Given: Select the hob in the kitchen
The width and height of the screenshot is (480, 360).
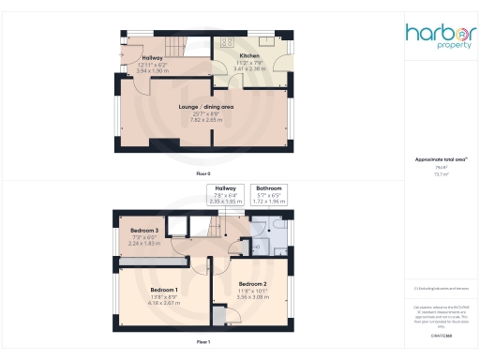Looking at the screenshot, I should point(225,41).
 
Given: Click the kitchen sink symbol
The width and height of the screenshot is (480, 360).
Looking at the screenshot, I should point(265,39).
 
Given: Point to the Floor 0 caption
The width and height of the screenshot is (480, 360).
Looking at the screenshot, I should point(203,174).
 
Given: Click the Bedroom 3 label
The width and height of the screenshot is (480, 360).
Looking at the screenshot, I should point(143,230).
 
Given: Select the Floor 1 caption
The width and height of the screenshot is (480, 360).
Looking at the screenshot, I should point(203,343).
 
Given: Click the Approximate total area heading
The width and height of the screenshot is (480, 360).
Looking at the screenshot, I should point(439,160).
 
